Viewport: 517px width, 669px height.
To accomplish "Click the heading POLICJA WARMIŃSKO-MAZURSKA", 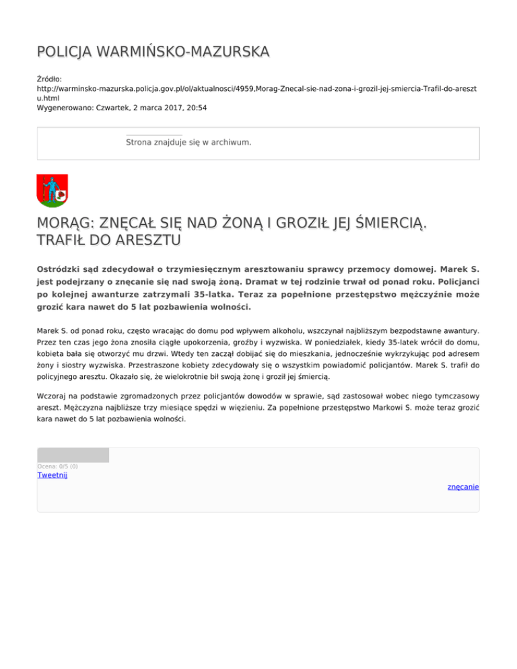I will click(153, 52).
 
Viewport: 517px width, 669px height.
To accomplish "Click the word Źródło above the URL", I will click(49, 79).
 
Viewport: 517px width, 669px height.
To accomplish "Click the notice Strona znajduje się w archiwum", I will click(188, 143).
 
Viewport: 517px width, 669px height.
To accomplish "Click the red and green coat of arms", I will click(52, 190).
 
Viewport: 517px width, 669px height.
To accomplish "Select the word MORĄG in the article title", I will click(65, 223).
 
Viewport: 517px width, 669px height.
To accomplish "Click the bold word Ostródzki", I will click(63, 268).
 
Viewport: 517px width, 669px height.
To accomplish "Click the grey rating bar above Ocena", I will click(73, 455).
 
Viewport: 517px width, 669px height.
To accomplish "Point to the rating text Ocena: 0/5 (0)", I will click(57, 466).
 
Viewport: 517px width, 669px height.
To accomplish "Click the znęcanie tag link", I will click(463, 487).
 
